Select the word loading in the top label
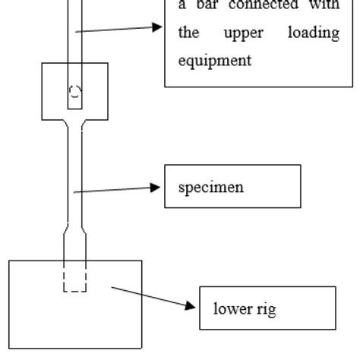[314, 33]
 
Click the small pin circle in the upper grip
[74, 93]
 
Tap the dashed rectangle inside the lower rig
[74, 276]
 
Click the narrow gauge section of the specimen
[74, 175]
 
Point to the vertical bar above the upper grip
[74, 30]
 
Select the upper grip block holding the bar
[53, 91]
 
